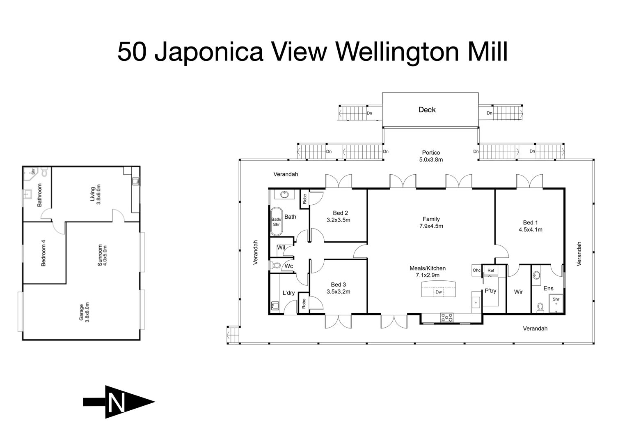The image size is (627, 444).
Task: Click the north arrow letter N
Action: (x=117, y=403)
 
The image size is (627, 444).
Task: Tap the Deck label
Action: (x=427, y=110)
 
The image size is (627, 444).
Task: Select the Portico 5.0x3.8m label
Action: (x=431, y=156)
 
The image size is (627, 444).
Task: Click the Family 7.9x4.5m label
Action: (x=431, y=222)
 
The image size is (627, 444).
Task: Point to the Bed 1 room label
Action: (x=531, y=226)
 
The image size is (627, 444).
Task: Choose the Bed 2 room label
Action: (x=339, y=217)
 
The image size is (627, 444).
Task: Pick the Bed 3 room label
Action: (x=339, y=288)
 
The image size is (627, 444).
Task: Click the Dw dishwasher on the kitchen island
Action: (x=439, y=292)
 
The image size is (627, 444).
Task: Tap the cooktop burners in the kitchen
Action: (x=447, y=317)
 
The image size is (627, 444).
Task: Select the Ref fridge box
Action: (x=491, y=271)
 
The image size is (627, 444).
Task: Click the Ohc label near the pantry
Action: (x=476, y=270)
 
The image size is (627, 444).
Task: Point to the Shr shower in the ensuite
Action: (x=556, y=303)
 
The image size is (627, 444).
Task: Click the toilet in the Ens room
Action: (x=540, y=308)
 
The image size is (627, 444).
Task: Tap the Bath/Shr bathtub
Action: (x=276, y=222)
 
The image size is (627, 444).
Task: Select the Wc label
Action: (x=288, y=266)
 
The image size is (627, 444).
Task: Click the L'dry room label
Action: (x=288, y=293)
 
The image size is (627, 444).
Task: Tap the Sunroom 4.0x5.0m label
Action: (x=102, y=255)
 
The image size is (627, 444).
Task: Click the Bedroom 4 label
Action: (x=43, y=253)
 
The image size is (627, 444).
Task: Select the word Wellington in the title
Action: (x=397, y=53)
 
